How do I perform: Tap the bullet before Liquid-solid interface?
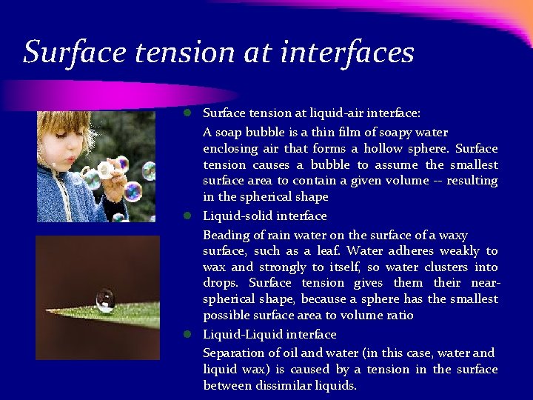(x=189, y=216)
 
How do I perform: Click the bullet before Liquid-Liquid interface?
(x=189, y=334)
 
